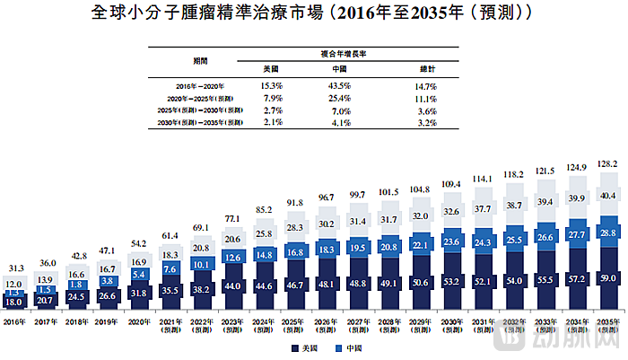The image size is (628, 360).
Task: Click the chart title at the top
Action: point(314,15)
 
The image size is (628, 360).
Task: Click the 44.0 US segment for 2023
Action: point(233,285)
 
